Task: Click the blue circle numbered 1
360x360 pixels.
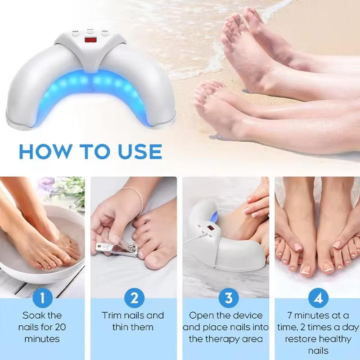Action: point(43,297)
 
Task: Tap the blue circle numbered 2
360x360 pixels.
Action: point(134,297)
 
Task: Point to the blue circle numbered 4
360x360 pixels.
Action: point(318,297)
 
